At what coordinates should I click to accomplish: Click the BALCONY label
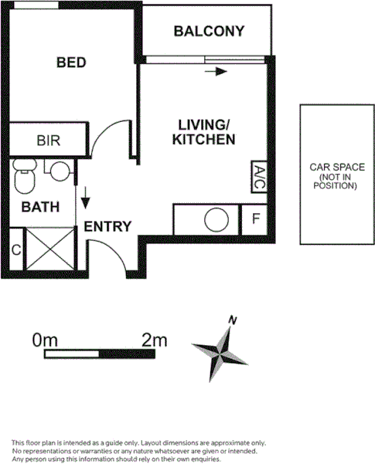pos(209,32)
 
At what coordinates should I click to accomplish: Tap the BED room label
pos(70,63)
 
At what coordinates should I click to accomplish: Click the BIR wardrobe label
pos(49,141)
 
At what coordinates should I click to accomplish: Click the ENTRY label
pos(107,226)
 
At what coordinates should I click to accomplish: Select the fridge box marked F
pos(254,219)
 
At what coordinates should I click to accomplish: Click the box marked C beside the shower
pos(15,251)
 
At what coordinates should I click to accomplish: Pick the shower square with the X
pos(49,252)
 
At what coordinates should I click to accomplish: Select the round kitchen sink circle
pos(216,220)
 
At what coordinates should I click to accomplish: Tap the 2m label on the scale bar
pos(155,339)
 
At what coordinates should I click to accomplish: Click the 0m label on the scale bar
pos(46,339)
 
